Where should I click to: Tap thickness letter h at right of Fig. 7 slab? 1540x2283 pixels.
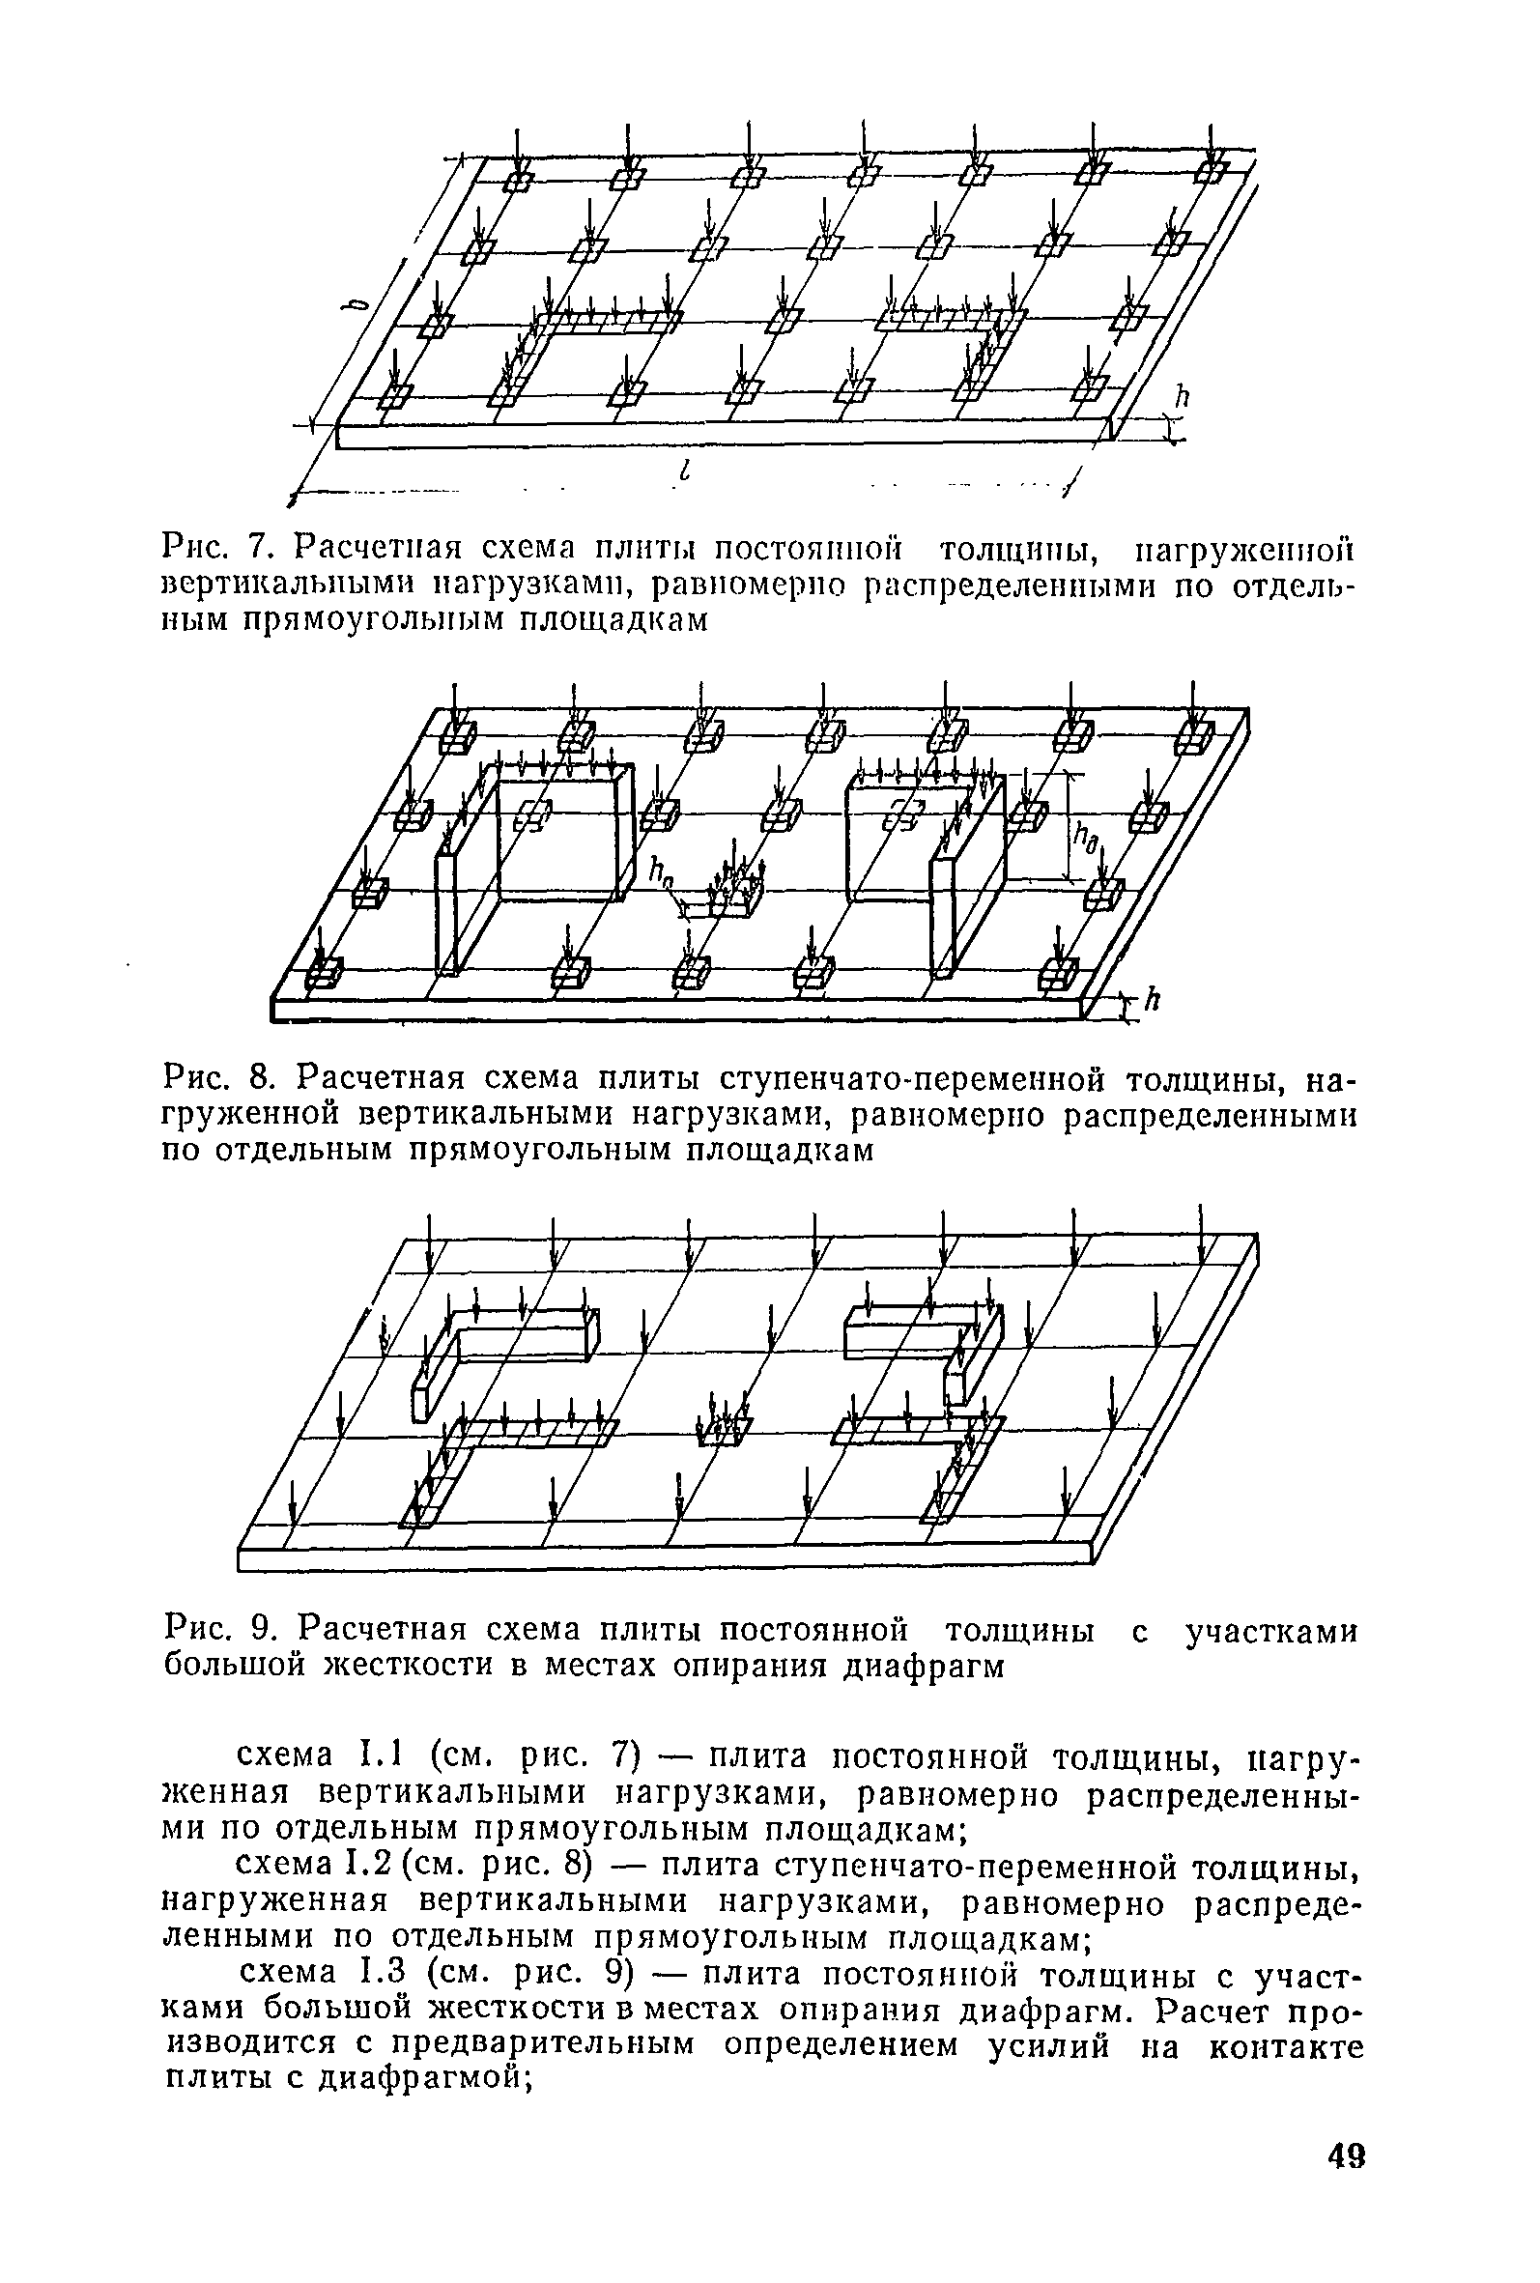(1183, 395)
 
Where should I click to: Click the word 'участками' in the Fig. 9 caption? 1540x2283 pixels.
(1270, 1631)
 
